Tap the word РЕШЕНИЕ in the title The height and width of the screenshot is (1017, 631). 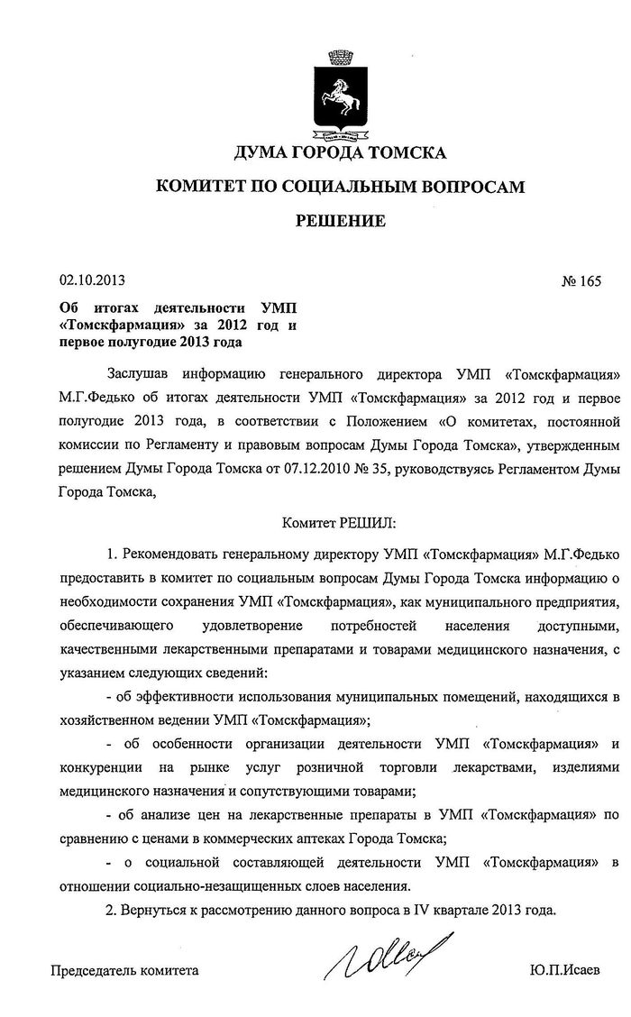341,220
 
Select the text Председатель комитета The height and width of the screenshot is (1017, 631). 123,972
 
